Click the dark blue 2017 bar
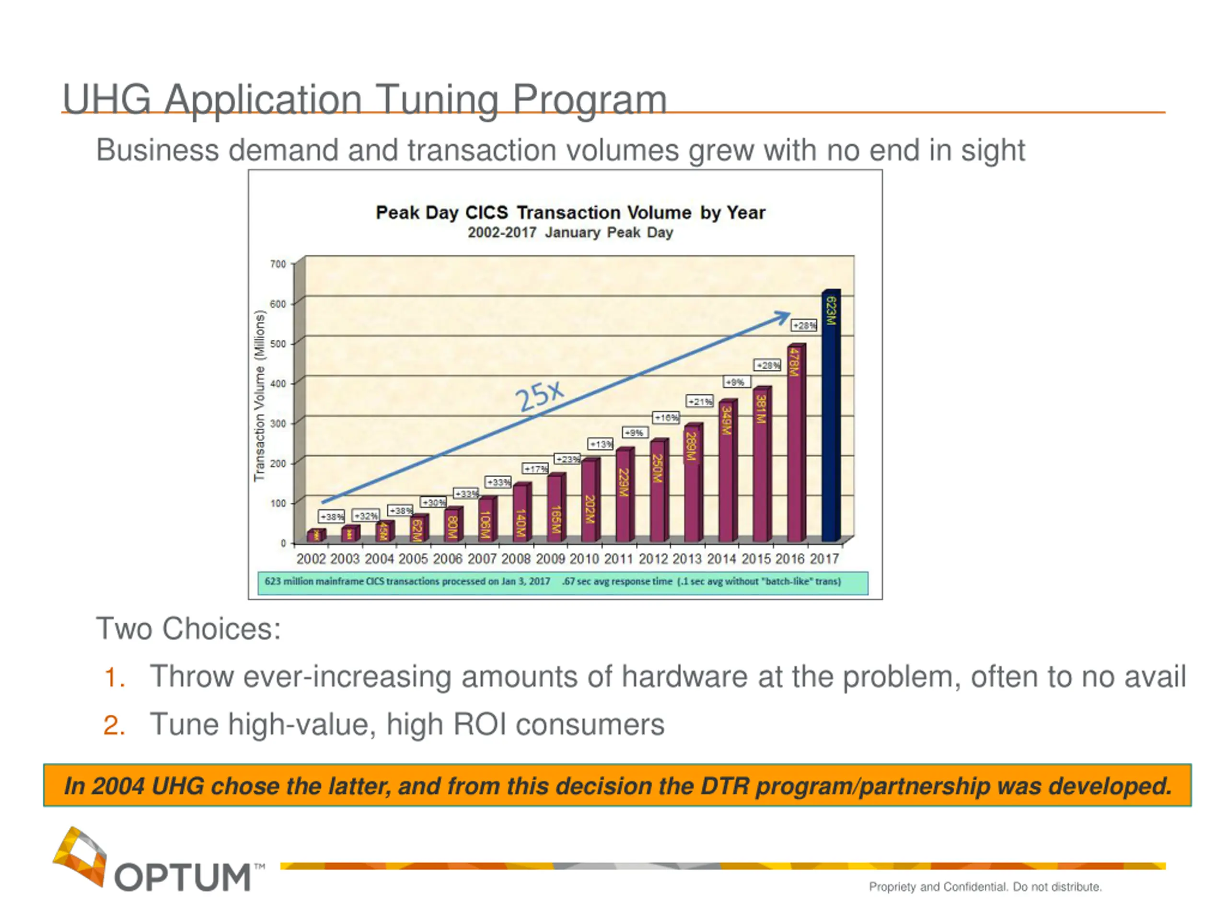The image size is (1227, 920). click(x=831, y=416)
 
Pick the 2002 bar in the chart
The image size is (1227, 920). click(x=316, y=535)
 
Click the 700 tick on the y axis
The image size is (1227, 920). click(x=278, y=264)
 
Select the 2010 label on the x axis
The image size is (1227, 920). click(x=584, y=559)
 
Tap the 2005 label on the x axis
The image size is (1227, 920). click(x=413, y=559)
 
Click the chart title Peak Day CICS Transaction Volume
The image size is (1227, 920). click(x=570, y=212)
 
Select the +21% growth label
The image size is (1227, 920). click(x=699, y=401)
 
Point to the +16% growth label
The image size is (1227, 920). click(x=666, y=417)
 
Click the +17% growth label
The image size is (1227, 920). click(x=535, y=469)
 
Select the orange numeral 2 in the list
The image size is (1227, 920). click(x=114, y=725)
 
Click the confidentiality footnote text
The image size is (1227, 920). click(x=984, y=887)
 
